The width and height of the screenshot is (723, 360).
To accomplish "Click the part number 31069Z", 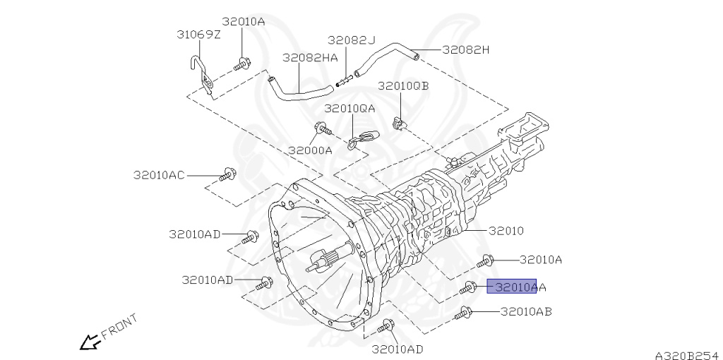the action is (x=198, y=35).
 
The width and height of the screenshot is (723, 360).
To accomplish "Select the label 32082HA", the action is (x=310, y=58).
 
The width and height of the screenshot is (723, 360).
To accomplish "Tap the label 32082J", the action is (x=352, y=40).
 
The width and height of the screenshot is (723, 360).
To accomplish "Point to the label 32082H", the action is (x=466, y=50).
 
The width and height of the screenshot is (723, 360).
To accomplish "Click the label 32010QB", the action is (x=403, y=86).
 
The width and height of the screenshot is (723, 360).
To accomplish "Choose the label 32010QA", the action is (x=349, y=109).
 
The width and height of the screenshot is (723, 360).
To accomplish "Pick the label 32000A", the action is (x=311, y=150).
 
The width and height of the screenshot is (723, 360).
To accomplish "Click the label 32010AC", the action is (x=159, y=175).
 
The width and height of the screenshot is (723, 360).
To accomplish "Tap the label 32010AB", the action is (x=526, y=311).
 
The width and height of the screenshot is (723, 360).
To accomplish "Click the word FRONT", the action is (x=119, y=327).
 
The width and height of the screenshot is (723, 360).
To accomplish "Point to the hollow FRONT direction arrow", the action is (x=90, y=343).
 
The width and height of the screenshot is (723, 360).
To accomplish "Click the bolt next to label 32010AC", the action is (x=228, y=174).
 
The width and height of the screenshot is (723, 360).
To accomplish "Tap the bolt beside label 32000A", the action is (x=323, y=128).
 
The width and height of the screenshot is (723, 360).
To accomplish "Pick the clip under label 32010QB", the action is (x=400, y=124).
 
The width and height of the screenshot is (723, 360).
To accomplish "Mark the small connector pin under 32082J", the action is (x=344, y=82).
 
